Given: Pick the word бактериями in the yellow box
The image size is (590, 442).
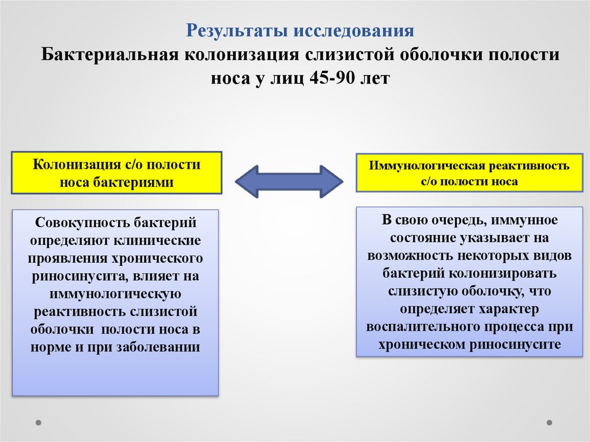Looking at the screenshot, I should coord(143,182).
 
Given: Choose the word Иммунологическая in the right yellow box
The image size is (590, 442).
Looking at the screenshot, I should coord(427,167).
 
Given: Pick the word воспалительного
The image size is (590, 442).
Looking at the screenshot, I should coord(425,327).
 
